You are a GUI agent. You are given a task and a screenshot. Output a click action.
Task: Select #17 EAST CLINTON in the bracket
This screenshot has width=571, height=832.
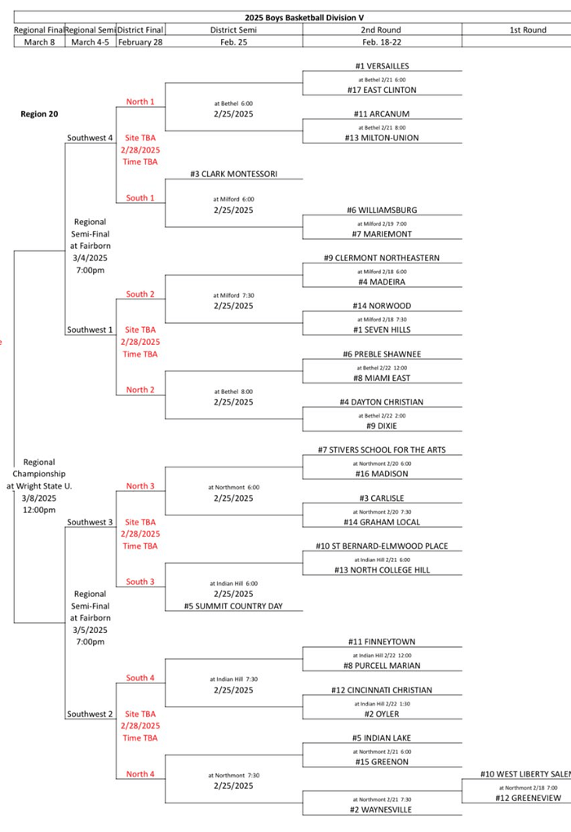[x=382, y=90]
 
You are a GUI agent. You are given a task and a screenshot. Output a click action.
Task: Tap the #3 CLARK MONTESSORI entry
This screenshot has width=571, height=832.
[x=233, y=174]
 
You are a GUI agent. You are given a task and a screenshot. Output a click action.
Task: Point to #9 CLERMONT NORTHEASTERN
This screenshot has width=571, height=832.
[x=382, y=258]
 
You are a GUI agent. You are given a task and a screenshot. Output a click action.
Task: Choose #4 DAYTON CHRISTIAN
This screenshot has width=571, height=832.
[x=382, y=402]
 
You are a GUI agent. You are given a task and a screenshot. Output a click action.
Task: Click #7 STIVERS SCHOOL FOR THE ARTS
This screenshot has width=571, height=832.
[x=382, y=449]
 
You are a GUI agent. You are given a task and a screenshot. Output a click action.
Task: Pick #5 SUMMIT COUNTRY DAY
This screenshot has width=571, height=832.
[x=233, y=606]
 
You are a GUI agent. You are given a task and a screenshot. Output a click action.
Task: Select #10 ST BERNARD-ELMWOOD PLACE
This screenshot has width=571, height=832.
[x=382, y=546]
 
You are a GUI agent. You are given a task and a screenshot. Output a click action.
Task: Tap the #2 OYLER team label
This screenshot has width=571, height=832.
[x=382, y=714]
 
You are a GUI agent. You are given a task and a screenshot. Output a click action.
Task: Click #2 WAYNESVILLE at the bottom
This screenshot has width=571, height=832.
[x=382, y=810]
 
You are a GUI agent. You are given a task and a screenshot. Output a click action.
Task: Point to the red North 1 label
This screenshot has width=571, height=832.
[x=140, y=102]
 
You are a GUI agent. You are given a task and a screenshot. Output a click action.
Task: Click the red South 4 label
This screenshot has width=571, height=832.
[x=140, y=678]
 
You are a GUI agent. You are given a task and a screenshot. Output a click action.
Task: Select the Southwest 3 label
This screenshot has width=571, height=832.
[x=90, y=522]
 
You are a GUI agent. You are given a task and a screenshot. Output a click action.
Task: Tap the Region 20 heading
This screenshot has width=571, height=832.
[x=39, y=114]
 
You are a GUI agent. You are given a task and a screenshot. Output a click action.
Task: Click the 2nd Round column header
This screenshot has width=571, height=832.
[x=382, y=30]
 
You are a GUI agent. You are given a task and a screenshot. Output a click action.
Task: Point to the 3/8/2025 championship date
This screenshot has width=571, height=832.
[x=39, y=498]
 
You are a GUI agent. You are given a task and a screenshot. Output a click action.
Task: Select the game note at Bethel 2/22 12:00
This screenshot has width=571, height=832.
[x=382, y=366]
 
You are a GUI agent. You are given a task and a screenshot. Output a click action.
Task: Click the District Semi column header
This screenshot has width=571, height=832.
[x=233, y=30]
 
